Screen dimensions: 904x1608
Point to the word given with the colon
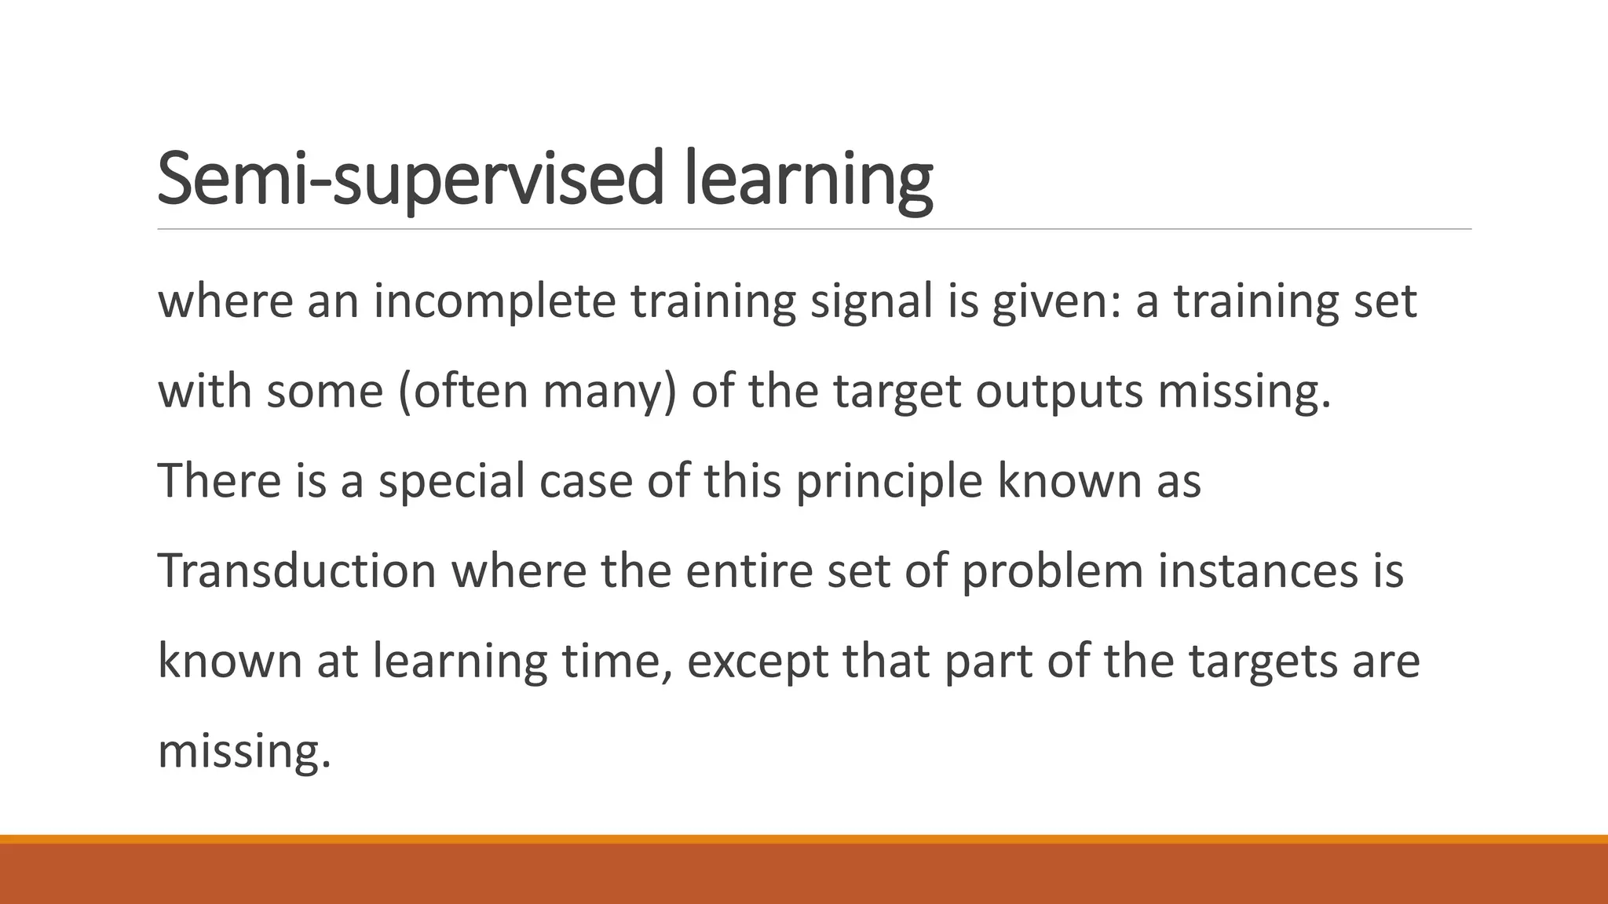1056,301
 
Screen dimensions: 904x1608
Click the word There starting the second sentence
219,480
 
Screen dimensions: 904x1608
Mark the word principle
889,480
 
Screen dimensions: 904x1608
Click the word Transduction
297,570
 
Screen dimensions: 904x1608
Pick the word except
758,661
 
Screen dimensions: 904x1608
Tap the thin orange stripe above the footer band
804,839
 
